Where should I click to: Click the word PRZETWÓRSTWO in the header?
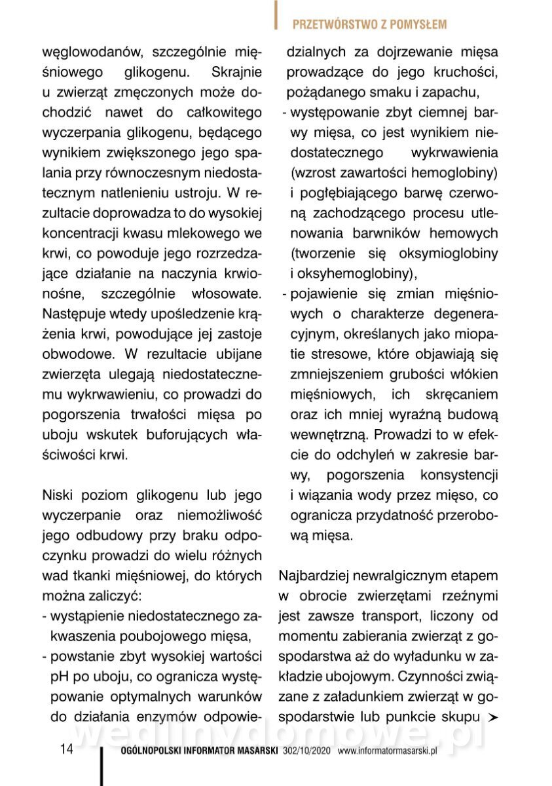tap(331, 24)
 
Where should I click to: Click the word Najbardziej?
tap(318, 576)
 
